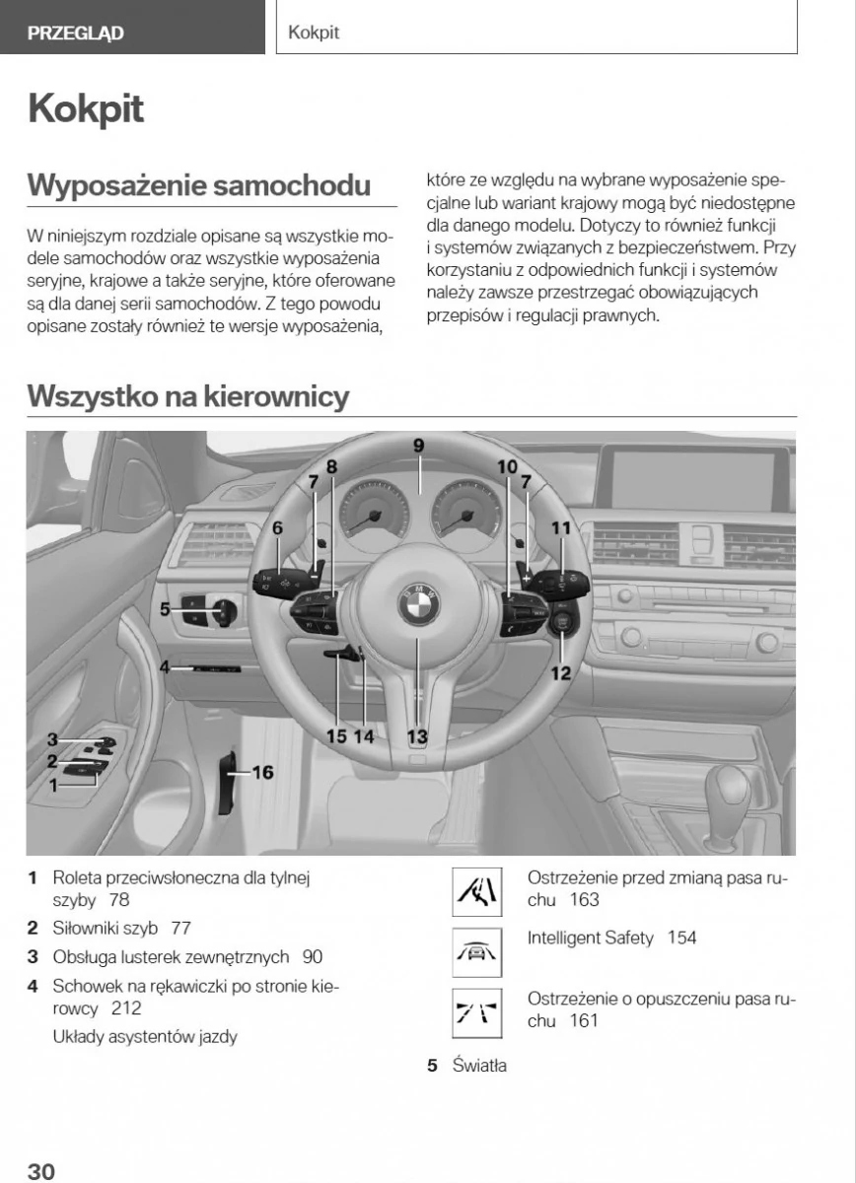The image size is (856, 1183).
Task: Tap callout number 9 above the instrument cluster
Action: click(x=418, y=446)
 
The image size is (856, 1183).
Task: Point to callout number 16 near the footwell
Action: click(x=262, y=773)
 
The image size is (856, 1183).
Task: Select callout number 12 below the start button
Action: click(x=560, y=673)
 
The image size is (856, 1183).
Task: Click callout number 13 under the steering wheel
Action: click(x=417, y=734)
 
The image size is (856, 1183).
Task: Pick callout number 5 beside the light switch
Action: click(x=166, y=609)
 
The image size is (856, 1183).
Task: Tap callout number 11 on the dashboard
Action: click(x=560, y=528)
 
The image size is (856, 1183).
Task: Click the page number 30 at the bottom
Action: click(x=40, y=1170)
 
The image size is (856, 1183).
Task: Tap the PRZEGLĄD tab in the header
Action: click(x=76, y=33)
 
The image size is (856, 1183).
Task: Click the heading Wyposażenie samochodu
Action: click(x=199, y=184)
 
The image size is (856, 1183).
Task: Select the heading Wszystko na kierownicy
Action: click(x=188, y=396)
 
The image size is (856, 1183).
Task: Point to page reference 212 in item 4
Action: click(x=126, y=1008)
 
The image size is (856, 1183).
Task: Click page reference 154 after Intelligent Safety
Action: click(x=681, y=938)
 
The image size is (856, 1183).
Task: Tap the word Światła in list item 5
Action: click(x=479, y=1066)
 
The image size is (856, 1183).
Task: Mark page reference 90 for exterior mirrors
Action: click(x=313, y=956)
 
